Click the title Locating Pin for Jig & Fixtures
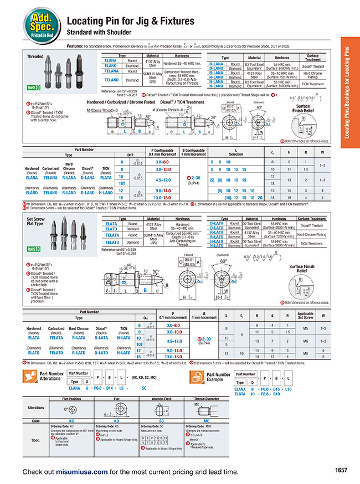pyautogui.click(x=131, y=21)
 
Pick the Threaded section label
pyautogui.click(x=35, y=57)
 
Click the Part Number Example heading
pyautogui.click(x=218, y=377)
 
